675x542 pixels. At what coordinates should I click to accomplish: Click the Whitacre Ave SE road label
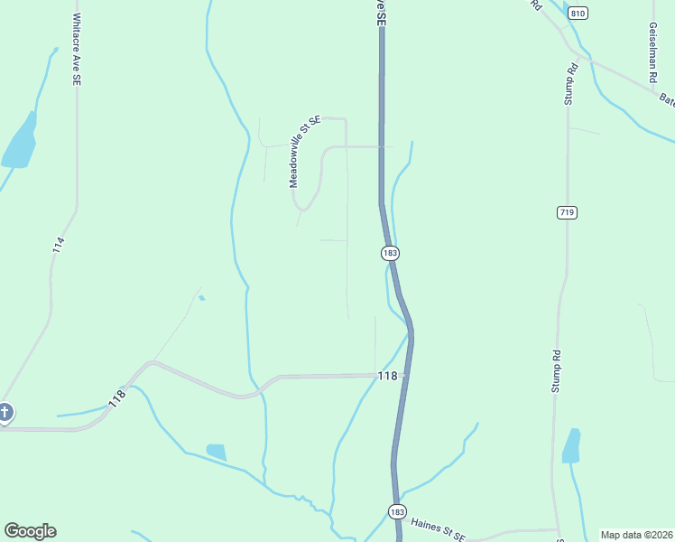tap(78, 50)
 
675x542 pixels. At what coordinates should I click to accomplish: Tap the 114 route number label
tap(58, 243)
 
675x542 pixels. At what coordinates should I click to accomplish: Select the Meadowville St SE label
tap(305, 151)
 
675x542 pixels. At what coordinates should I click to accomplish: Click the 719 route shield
tap(567, 212)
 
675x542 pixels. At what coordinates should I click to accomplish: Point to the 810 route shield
tap(578, 13)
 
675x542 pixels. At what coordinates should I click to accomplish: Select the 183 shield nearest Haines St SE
tap(397, 511)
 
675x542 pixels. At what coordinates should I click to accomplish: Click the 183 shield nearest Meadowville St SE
tap(390, 254)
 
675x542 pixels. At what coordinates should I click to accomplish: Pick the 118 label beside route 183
tap(388, 376)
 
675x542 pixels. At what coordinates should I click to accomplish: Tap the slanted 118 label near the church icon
tap(116, 398)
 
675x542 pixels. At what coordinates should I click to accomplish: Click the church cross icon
tap(5, 413)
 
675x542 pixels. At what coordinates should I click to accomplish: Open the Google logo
tap(30, 531)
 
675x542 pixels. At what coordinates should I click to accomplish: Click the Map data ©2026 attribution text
tap(636, 535)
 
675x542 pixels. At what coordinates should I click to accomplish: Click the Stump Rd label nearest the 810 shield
tap(571, 84)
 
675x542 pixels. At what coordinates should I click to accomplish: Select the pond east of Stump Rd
tap(571, 446)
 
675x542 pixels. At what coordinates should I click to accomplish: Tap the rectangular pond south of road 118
tap(216, 451)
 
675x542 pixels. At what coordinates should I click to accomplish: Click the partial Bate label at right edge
tap(666, 99)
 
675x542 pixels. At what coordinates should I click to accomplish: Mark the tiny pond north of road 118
tap(201, 298)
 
